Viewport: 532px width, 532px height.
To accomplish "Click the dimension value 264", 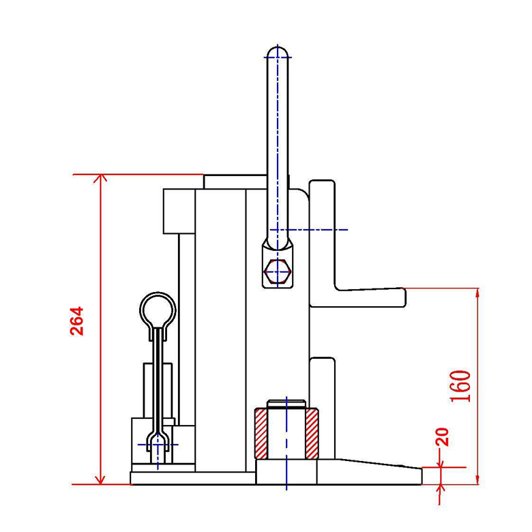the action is coord(76,321).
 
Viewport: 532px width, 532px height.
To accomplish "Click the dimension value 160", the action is coord(460,386).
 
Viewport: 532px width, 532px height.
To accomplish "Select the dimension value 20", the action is coord(442,437).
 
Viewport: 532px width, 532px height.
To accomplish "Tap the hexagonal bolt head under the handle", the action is coord(278,271).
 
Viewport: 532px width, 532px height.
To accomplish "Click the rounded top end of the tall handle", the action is coord(278,51).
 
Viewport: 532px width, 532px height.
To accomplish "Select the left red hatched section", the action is coord(261,434).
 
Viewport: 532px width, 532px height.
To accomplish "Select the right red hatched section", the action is coord(312,434).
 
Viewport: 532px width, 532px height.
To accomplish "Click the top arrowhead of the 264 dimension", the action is coord(100,178).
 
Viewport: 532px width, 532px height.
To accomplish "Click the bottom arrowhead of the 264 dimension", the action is coord(100,480).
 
